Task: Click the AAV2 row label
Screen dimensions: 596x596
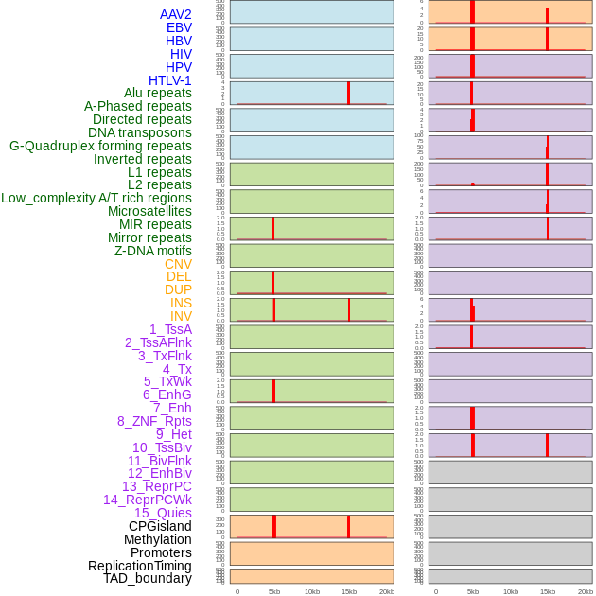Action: (x=175, y=14)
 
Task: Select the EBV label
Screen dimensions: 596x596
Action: (x=178, y=27)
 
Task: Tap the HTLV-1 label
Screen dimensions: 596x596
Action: (x=169, y=80)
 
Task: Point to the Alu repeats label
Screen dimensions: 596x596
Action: (x=157, y=93)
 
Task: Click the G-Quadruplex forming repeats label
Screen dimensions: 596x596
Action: (x=100, y=146)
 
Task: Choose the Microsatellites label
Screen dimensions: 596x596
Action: (x=149, y=211)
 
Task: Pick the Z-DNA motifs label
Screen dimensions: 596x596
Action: (x=152, y=251)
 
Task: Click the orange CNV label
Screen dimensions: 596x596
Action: (x=178, y=264)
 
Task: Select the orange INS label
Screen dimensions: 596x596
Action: (x=181, y=303)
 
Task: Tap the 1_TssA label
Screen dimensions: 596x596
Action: (x=170, y=329)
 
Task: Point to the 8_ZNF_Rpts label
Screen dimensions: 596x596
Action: (x=154, y=421)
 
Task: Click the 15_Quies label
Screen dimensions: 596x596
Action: (x=163, y=513)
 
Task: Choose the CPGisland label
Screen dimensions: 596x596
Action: (x=160, y=526)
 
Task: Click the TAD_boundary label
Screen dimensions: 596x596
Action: (x=148, y=578)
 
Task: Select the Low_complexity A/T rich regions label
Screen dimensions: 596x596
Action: (x=96, y=198)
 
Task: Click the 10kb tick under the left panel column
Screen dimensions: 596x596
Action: (x=312, y=591)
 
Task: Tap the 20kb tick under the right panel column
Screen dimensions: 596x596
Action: (x=586, y=591)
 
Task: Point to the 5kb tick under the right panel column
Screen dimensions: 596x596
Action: (x=473, y=591)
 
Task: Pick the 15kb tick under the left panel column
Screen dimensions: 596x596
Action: (x=349, y=591)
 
